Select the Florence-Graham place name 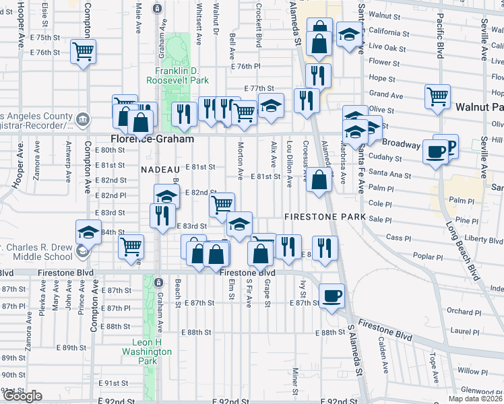pos(152,139)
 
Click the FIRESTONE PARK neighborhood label pos(324,217)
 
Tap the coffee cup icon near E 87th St pos(331,296)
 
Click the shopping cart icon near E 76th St pos(84,50)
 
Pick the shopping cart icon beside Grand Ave pos(437,96)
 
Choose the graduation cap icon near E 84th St pos(88,232)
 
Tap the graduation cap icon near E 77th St pos(271,105)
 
